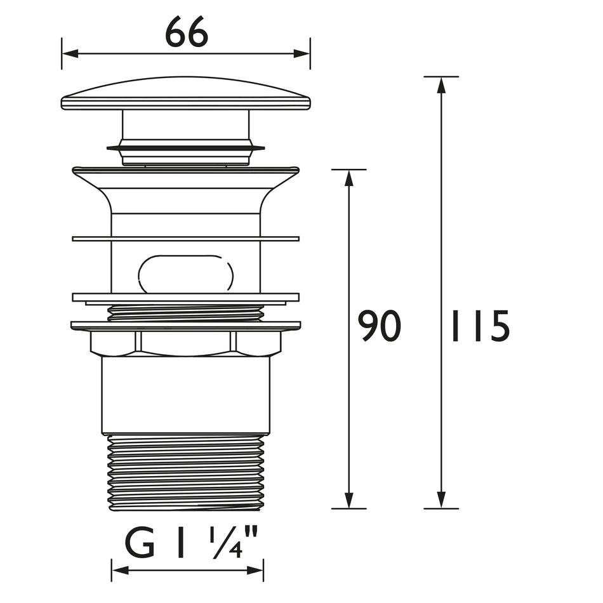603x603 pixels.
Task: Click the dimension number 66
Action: (x=187, y=32)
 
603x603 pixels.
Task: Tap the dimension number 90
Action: (x=379, y=326)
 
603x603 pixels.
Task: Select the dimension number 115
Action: (x=480, y=326)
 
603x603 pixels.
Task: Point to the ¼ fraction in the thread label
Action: (x=226, y=543)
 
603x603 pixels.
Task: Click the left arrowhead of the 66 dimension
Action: (x=70, y=53)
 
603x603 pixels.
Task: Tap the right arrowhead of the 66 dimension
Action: (x=302, y=53)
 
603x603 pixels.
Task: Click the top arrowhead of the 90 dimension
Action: (x=349, y=178)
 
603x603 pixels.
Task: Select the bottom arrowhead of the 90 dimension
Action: (x=349, y=500)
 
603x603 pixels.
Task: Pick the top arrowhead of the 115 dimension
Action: (x=442, y=85)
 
